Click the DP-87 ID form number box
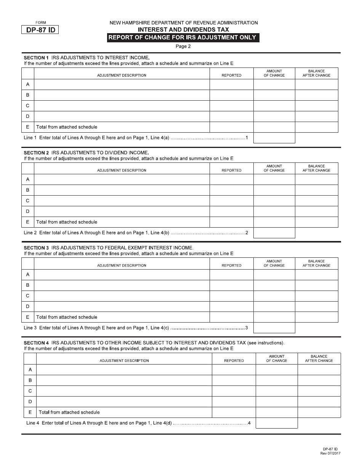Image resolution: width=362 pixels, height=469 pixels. pyautogui.click(x=40, y=30)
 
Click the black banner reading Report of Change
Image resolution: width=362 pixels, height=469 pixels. pyautogui.click(x=183, y=37)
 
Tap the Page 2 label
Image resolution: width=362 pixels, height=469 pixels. pyautogui.click(x=183, y=47)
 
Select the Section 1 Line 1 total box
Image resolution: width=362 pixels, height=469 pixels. pyautogui.click(x=274, y=138)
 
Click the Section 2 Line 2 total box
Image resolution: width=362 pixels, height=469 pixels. pyautogui.click(x=274, y=233)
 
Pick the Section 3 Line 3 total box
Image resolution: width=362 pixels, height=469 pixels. pyautogui.click(x=274, y=328)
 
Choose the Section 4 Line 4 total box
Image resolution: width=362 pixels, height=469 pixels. pyautogui.click(x=276, y=423)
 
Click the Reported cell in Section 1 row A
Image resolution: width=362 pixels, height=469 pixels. pyautogui.click(x=231, y=84)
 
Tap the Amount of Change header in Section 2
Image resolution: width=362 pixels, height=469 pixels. pyautogui.click(x=274, y=168)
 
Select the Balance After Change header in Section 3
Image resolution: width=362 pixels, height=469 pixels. pyautogui.click(x=316, y=263)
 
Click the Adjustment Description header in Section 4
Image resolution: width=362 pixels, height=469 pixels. pyautogui.click(x=124, y=360)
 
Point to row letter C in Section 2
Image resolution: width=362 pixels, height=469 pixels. pyautogui.click(x=27, y=201)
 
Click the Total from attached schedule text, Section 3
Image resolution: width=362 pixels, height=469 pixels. pyautogui.click(x=67, y=317)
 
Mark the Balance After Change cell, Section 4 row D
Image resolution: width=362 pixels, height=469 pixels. pyautogui.click(x=319, y=402)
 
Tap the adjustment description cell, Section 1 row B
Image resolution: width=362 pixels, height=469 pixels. pyautogui.click(x=122, y=95)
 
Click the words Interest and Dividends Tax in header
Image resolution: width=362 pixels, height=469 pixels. pyautogui.click(x=183, y=29)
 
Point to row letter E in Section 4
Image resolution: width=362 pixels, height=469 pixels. pyautogui.click(x=30, y=412)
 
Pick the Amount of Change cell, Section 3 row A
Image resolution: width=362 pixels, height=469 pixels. pyautogui.click(x=274, y=275)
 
